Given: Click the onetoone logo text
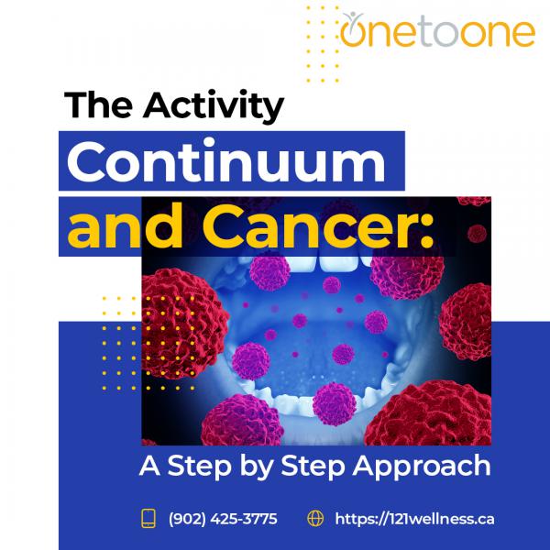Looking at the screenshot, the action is click(x=437, y=31).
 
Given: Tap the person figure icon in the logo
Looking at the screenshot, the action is click(x=353, y=17).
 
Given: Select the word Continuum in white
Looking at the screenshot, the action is click(x=226, y=161).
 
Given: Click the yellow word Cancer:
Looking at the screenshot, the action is click(x=318, y=226).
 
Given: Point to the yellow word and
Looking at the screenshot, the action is click(x=125, y=226).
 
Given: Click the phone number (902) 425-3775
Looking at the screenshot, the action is click(x=223, y=519).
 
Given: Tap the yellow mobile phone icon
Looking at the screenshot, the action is click(x=148, y=519).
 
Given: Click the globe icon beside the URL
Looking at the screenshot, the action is click(x=315, y=519).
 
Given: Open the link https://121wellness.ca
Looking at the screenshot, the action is click(x=414, y=519).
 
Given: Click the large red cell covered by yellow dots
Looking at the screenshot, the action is click(x=182, y=323).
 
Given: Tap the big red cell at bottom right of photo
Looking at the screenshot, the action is click(x=430, y=414).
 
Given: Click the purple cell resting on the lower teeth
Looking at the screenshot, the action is click(x=335, y=403).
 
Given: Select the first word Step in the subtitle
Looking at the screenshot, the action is click(x=199, y=467).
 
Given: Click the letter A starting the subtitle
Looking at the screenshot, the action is click(x=149, y=465).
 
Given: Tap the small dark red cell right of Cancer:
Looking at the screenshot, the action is click(x=477, y=233).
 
